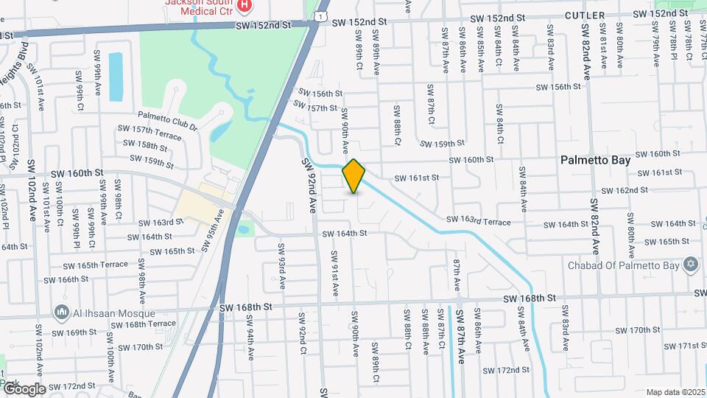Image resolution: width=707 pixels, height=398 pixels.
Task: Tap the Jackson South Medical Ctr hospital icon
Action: [245, 6]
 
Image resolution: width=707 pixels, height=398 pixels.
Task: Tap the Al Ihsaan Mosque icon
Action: [61, 313]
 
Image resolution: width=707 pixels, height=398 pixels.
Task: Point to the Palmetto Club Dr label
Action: [168, 122]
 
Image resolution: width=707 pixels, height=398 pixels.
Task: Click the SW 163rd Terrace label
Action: [478, 220]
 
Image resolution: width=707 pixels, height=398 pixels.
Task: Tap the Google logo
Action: [24, 388]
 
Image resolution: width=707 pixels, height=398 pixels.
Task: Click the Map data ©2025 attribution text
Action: [675, 392]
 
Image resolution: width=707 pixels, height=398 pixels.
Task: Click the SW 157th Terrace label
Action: [149, 133]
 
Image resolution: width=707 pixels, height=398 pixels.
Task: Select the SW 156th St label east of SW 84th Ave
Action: [558, 87]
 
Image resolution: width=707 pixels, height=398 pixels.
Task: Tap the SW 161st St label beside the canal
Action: [416, 178]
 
